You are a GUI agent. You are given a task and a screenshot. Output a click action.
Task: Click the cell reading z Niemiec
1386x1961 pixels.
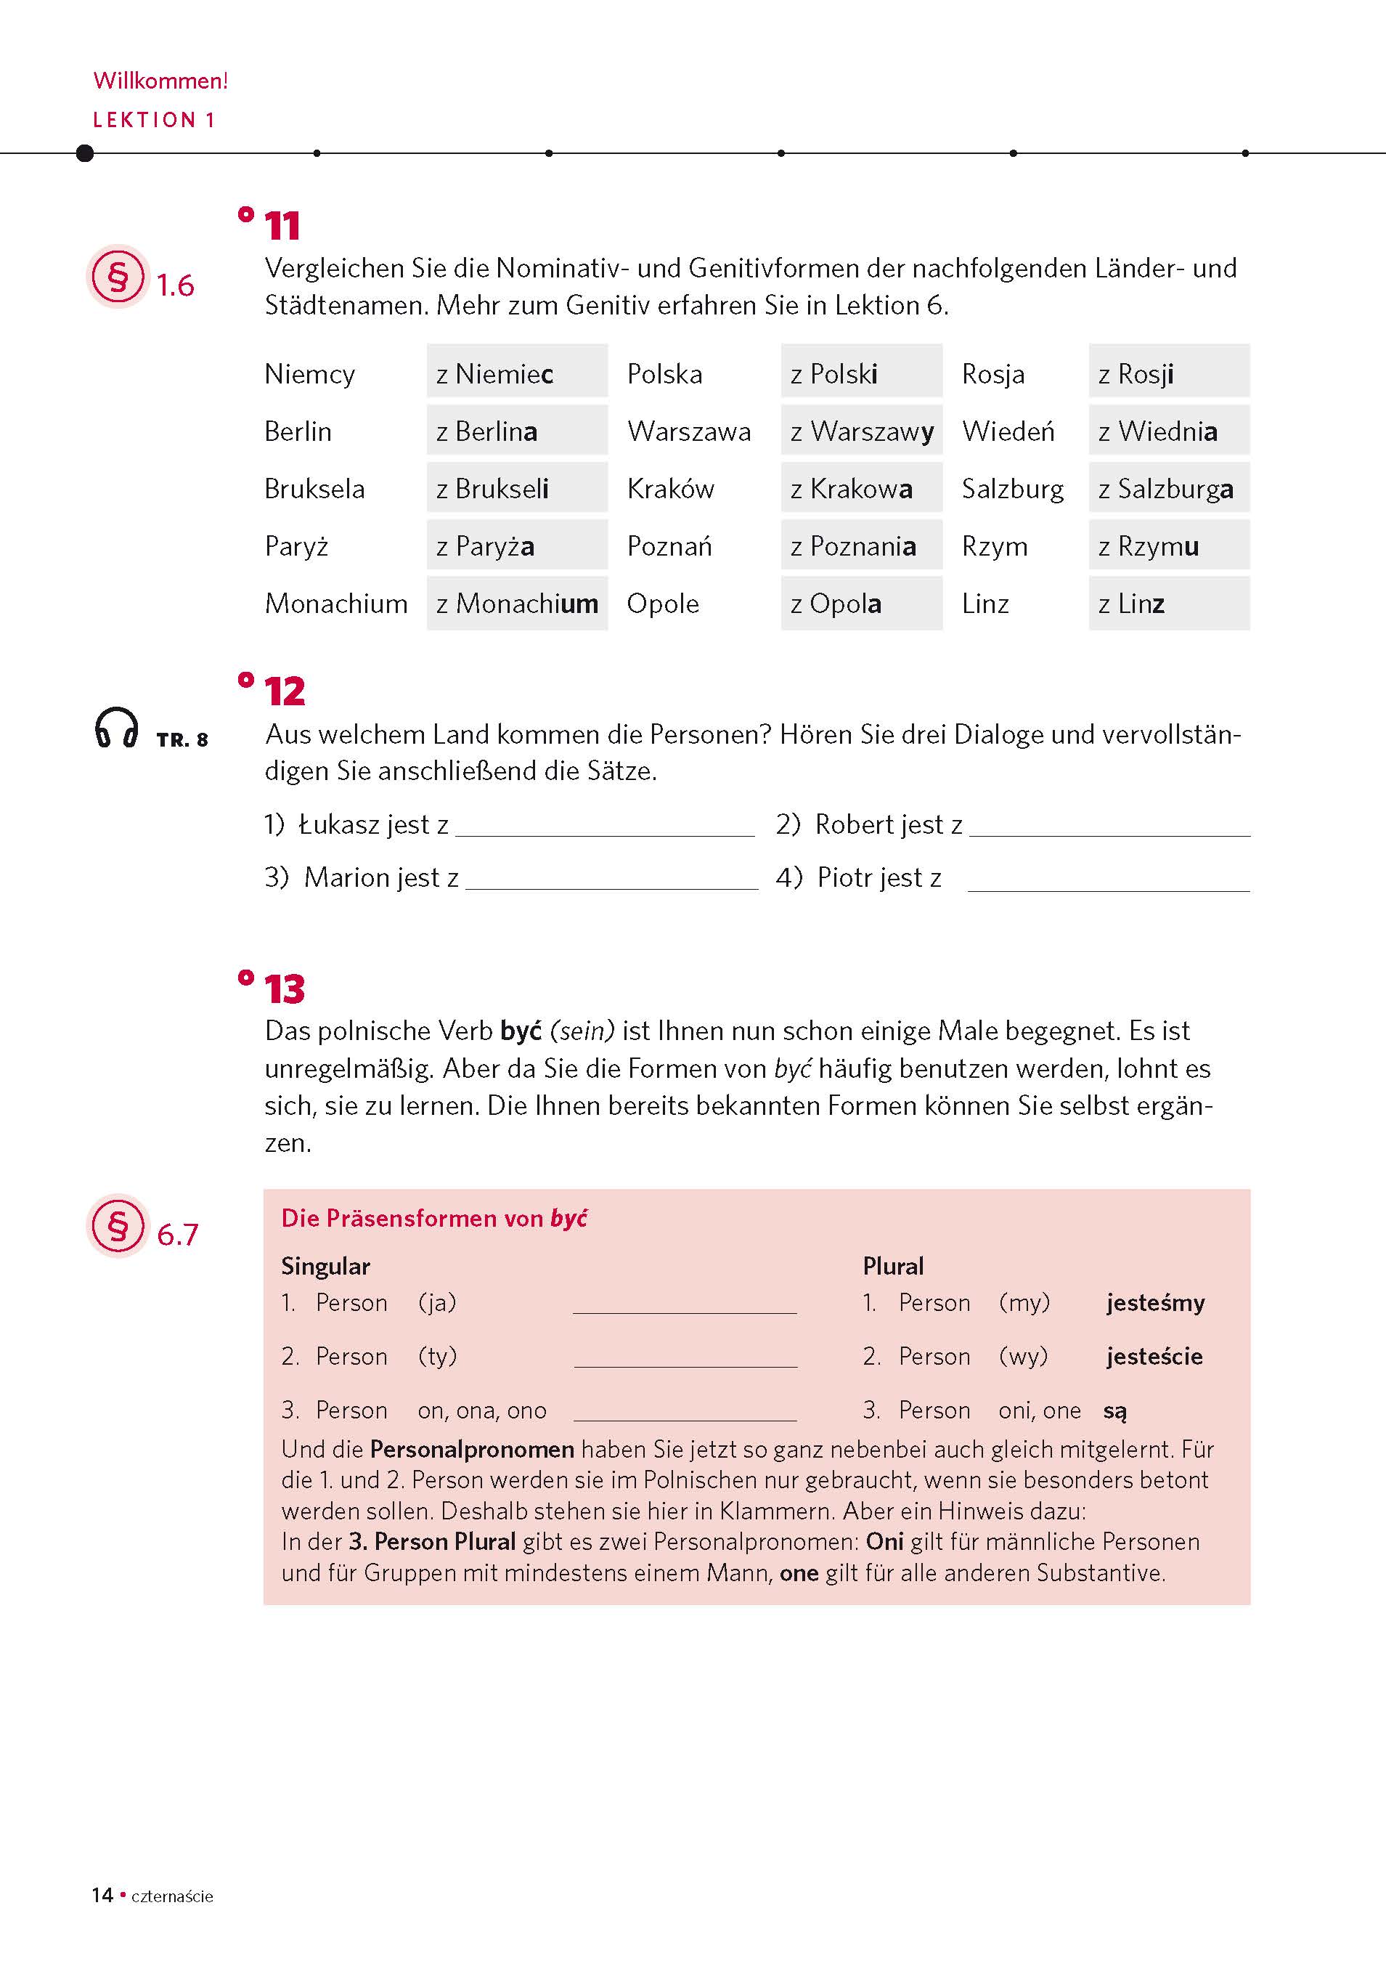(517, 373)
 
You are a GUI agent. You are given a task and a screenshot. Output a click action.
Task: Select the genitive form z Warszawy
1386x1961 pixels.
(861, 431)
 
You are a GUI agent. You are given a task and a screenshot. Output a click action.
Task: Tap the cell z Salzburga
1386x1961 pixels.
(1167, 487)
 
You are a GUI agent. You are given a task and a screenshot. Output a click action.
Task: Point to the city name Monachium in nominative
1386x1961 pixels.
(335, 603)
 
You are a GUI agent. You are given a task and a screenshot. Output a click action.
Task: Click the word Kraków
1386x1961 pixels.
(670, 487)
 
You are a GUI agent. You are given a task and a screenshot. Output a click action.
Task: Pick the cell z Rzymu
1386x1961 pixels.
(1167, 545)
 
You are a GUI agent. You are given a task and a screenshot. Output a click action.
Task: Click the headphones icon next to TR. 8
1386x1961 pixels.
(116, 728)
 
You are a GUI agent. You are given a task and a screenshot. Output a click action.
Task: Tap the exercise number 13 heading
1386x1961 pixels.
(284, 989)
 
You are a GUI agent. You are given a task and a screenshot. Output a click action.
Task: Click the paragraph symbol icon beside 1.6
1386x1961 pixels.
(118, 277)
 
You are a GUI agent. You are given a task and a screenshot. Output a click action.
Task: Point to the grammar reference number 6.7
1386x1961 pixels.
(178, 1234)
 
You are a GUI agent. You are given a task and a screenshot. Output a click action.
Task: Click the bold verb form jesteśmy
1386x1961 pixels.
(1154, 1302)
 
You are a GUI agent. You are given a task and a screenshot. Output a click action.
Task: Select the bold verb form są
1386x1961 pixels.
(1114, 1410)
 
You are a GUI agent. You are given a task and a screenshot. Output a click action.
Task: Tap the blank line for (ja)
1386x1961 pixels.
(684, 1305)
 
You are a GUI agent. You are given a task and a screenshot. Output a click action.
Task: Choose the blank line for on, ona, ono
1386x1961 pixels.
(684, 1413)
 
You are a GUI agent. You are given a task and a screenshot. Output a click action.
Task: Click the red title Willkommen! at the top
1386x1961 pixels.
(160, 81)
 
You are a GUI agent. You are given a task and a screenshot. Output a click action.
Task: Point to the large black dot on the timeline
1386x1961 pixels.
(84, 153)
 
